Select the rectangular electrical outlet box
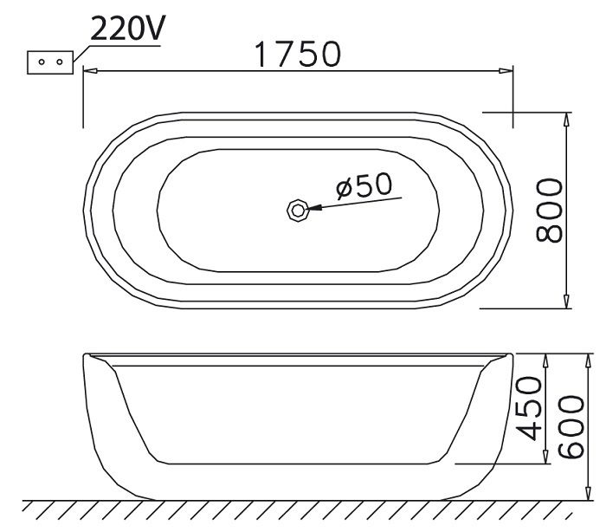[49, 62]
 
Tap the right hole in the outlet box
[57, 62]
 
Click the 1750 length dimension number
[297, 54]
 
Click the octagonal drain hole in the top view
[297, 209]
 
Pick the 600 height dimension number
[571, 426]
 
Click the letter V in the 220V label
[157, 29]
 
